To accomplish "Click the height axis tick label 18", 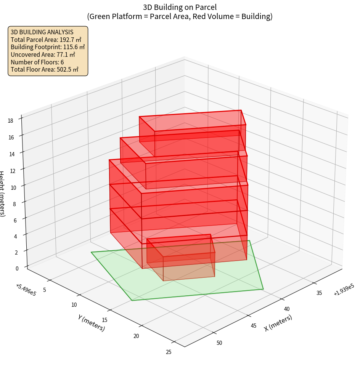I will click(10, 121).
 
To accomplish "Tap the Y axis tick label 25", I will click(169, 352).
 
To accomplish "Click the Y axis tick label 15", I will click(105, 320).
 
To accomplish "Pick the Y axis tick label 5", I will click(45, 290).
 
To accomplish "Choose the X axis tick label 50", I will click(219, 343).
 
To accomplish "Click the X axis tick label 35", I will click(319, 293).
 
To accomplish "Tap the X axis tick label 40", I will click(287, 309).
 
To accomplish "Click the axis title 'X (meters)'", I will click(278, 323).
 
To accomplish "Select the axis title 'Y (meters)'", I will click(91, 322).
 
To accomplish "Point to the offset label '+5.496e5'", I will click(26, 290).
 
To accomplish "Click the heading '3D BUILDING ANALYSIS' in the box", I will click(42, 32).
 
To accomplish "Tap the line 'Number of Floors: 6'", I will click(37, 62).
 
